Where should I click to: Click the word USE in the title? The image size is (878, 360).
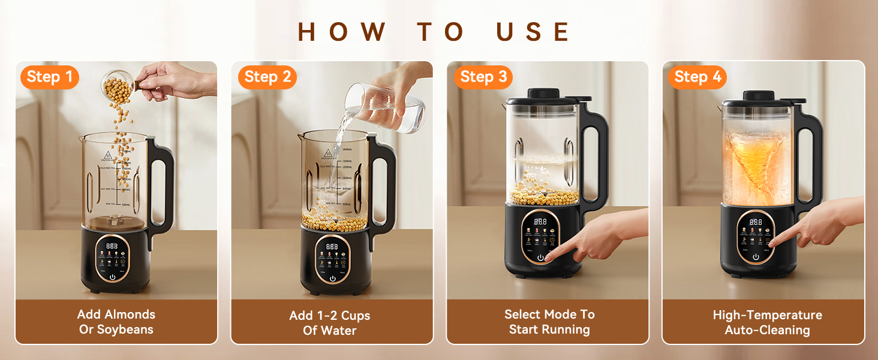point(533,32)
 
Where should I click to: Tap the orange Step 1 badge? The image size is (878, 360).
point(50,77)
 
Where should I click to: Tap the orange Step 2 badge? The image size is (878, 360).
point(267,77)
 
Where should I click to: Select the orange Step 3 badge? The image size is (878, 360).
point(483,77)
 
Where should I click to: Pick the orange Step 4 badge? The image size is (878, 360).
point(697,77)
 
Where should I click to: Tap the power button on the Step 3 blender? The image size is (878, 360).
point(541,257)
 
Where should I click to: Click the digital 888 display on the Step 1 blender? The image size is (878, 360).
point(112,246)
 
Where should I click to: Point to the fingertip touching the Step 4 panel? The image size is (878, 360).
point(772,242)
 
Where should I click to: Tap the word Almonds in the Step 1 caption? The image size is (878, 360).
point(130,314)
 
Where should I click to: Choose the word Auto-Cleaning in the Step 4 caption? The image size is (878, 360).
point(767,330)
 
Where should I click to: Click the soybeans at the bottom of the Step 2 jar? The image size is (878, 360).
point(333,221)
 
